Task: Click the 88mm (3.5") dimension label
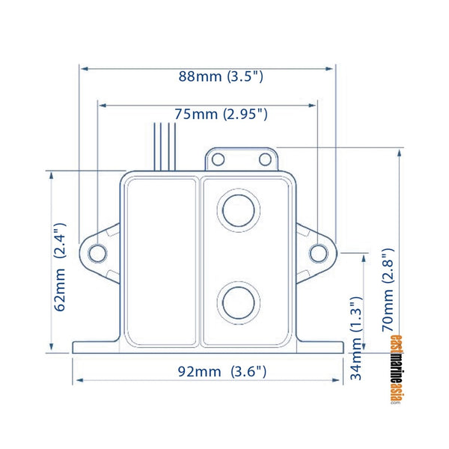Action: (221, 76)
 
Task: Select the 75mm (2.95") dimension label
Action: (221, 114)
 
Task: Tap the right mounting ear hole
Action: (318, 253)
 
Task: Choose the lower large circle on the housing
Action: (237, 302)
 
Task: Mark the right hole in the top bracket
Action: (264, 159)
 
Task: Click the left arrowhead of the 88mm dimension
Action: (83, 68)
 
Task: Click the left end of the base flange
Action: (75, 348)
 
